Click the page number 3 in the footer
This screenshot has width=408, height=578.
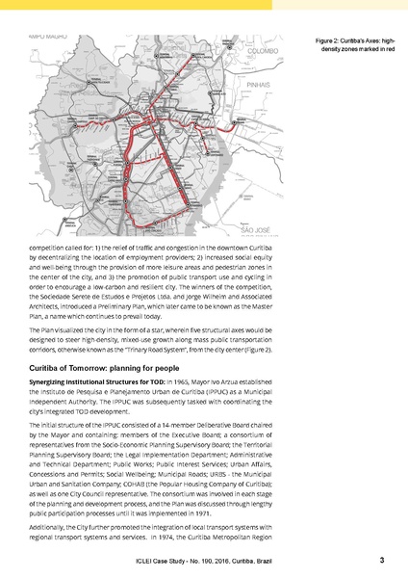coord(382,561)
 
